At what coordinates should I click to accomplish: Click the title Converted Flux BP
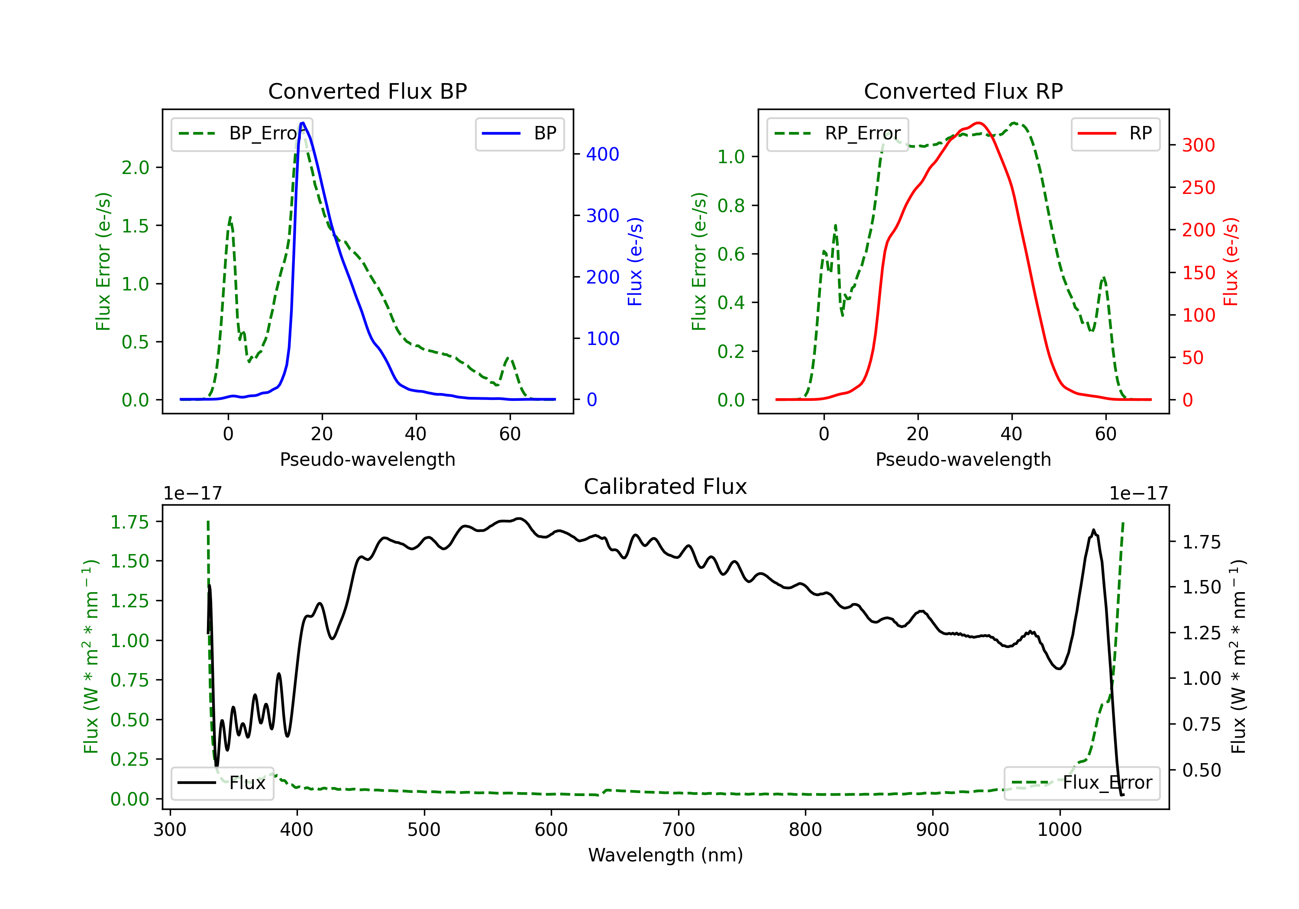367,91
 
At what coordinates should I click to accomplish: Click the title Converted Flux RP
963,91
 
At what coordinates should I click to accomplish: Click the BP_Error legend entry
242,133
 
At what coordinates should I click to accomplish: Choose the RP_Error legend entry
838,133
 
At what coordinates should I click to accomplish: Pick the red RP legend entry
1115,133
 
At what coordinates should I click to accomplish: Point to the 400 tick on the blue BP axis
603,154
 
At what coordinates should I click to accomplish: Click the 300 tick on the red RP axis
1198,145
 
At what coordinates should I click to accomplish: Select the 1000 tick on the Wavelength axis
1059,830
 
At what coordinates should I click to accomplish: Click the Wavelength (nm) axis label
666,855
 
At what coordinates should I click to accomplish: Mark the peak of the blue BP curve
303,123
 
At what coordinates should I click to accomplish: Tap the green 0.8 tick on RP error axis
731,205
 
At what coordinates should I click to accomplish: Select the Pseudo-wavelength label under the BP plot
367,459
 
